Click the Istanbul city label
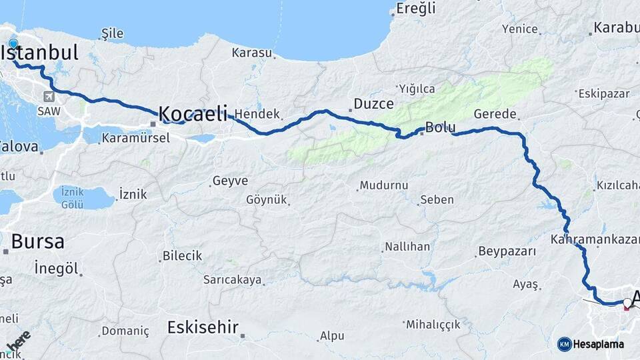click(x=44, y=52)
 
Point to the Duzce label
click(x=373, y=104)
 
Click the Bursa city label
click(x=38, y=241)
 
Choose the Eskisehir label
click(x=203, y=327)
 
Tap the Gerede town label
click(x=495, y=115)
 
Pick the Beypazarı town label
click(x=507, y=252)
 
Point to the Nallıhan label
click(x=407, y=247)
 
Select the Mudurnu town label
click(x=383, y=185)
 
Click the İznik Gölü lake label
click(x=72, y=197)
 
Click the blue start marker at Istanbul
click(x=13, y=43)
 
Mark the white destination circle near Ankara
click(x=627, y=303)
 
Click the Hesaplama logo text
click(x=598, y=344)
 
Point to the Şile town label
click(x=113, y=33)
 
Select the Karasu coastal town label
click(x=252, y=53)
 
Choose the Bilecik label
click(x=182, y=256)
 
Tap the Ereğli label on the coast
click(x=415, y=9)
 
